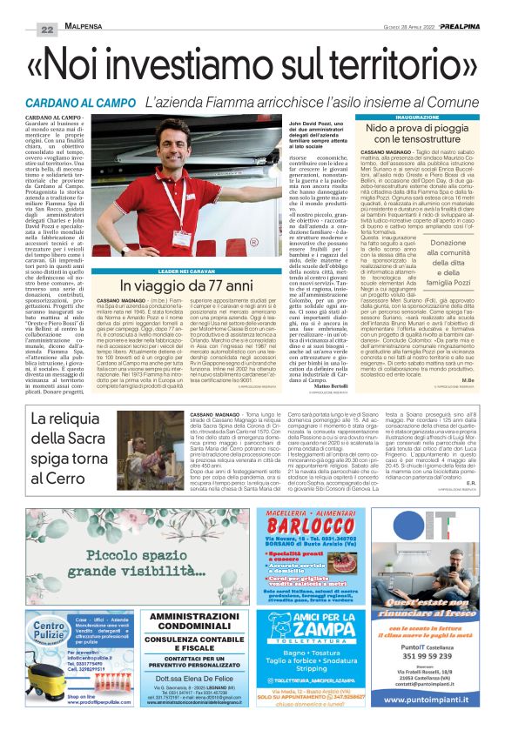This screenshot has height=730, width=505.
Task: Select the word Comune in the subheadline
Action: tap(471, 103)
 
